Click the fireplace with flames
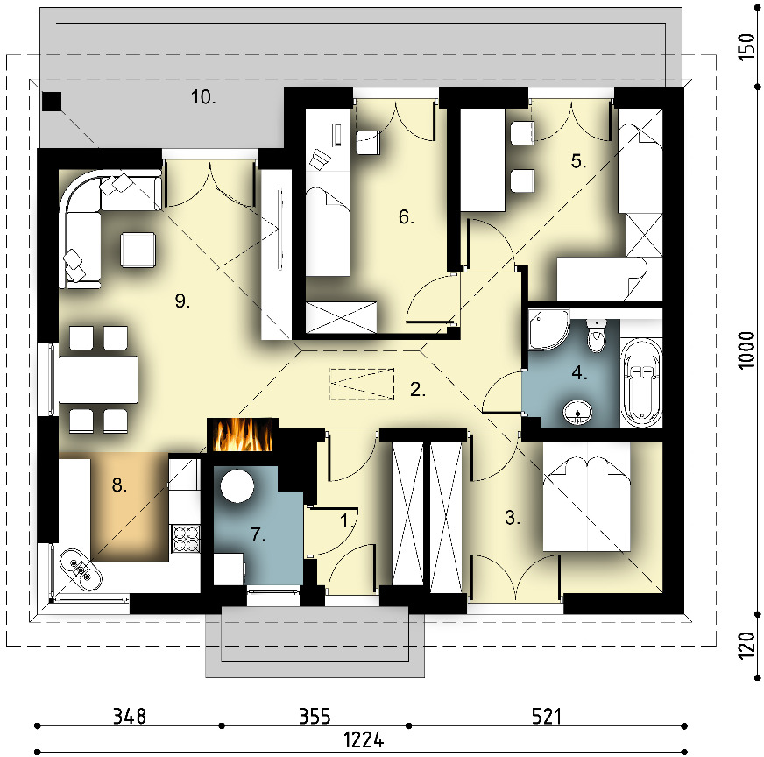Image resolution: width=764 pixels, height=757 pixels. (243, 435)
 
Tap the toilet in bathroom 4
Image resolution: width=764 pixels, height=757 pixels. (596, 336)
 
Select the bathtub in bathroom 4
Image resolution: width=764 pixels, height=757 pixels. (641, 382)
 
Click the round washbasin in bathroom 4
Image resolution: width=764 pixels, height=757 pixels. (578, 413)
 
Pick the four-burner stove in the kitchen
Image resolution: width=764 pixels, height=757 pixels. (186, 538)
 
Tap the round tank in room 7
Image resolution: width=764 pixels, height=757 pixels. (237, 485)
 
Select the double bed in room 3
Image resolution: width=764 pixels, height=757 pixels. (587, 504)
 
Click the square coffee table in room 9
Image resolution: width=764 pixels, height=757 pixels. (138, 250)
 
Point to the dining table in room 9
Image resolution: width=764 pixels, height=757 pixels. (98, 379)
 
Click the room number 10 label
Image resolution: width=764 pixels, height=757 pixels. (203, 97)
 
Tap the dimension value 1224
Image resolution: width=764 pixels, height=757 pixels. (364, 740)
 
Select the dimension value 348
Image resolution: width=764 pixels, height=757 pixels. (129, 717)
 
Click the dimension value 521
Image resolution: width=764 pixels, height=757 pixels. (546, 717)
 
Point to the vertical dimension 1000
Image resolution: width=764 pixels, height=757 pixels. (746, 350)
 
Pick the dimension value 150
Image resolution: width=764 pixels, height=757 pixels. (746, 47)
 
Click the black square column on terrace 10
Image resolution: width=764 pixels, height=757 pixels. (52, 102)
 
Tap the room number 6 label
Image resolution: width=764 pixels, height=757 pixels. (406, 216)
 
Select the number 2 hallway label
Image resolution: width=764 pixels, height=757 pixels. (418, 389)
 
